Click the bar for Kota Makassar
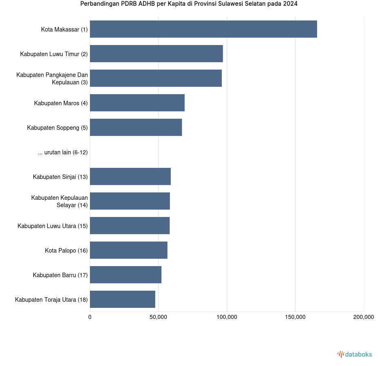click(203, 29)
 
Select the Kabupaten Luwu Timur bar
click(156, 54)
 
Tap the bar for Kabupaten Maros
click(137, 103)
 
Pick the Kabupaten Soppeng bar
click(136, 127)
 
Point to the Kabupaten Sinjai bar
click(130, 176)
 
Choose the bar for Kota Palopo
click(128, 250)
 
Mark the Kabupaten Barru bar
click(125, 275)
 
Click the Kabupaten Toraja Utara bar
click(122, 299)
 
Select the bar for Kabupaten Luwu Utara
click(130, 226)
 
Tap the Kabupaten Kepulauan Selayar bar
click(130, 201)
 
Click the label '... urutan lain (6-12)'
click(63, 152)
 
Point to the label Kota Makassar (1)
click(64, 29)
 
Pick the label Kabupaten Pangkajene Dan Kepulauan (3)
click(52, 79)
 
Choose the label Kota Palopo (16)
click(66, 251)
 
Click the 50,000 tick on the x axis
click(158, 317)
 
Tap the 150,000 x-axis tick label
click(295, 317)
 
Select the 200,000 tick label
click(363, 317)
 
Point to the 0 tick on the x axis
click(90, 317)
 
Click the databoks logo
click(354, 354)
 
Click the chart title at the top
click(189, 4)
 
